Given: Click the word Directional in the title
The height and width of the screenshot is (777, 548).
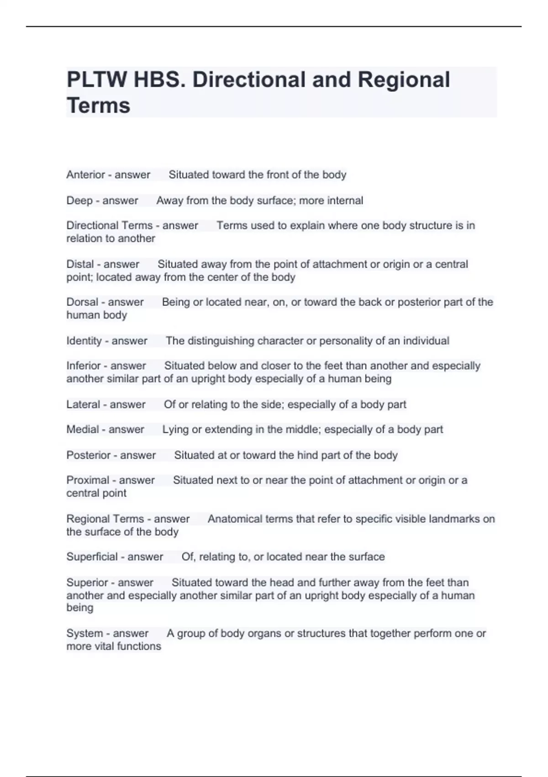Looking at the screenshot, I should coord(249,80).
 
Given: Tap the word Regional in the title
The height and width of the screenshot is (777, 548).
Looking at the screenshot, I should coord(404,80).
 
